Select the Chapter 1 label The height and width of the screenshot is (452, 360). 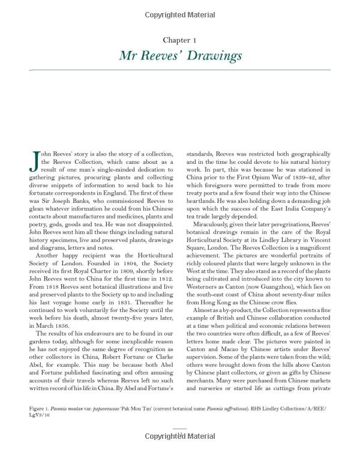click(x=180, y=40)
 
